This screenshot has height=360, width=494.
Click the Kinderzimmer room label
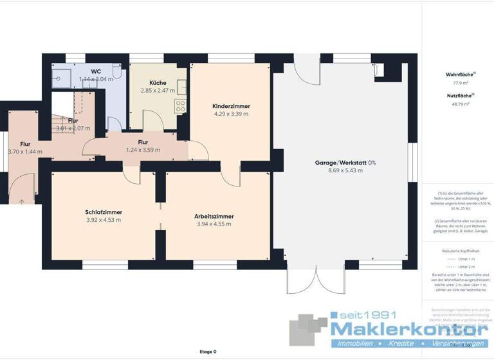231,106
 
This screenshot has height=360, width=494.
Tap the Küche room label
158,83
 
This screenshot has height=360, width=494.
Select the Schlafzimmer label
104,212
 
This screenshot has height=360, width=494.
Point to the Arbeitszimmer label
214,217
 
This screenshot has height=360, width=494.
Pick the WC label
96,71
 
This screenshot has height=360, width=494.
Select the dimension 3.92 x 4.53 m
104,220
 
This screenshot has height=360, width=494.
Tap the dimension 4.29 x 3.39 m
231,114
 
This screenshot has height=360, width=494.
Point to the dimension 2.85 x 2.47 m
158,91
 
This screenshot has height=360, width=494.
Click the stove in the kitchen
181,106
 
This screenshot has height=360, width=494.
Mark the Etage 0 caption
208,352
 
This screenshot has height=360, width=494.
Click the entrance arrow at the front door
23,202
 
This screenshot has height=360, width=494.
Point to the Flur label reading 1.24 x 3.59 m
143,150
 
